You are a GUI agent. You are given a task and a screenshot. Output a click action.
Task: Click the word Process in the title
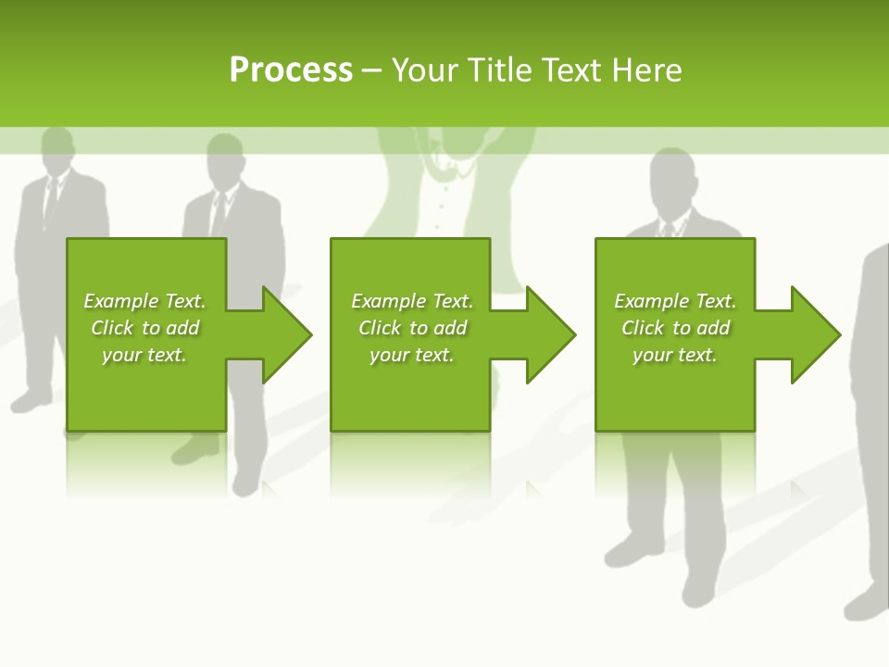pyautogui.click(x=291, y=70)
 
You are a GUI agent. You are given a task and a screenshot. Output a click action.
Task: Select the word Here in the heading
pyautogui.click(x=646, y=70)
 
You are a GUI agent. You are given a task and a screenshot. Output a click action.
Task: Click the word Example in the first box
pyautogui.click(x=121, y=301)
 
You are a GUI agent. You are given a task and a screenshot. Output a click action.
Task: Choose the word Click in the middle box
pyautogui.click(x=378, y=328)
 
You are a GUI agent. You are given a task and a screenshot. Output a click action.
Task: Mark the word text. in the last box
pyautogui.click(x=695, y=355)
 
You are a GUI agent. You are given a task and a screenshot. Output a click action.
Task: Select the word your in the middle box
pyautogui.click(x=388, y=355)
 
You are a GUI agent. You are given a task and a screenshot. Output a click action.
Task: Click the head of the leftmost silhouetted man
pyautogui.click(x=57, y=148)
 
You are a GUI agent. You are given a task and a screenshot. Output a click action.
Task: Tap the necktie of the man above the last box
pyautogui.click(x=668, y=230)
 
